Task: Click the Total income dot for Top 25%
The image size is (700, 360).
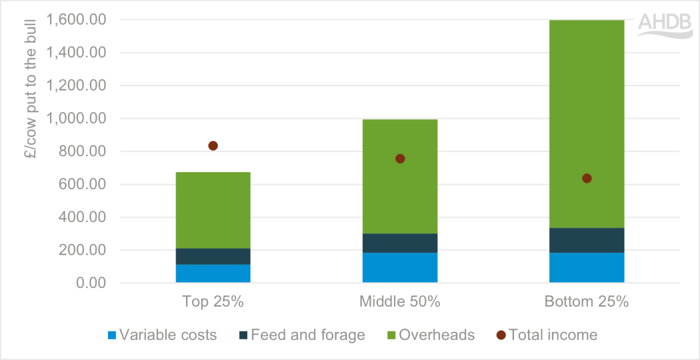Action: point(213,146)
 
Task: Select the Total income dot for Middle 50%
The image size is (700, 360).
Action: point(400,159)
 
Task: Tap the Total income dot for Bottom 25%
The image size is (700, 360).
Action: point(587,179)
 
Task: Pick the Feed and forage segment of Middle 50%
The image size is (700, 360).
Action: point(400,243)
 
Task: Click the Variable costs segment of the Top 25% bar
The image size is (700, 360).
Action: point(213,274)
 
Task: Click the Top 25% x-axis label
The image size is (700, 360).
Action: point(213,301)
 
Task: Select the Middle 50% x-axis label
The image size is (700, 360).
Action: point(400,301)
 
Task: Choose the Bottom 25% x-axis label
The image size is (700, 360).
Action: point(587,301)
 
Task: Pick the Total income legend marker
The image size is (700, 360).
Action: point(501,335)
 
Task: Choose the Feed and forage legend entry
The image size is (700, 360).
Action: point(303,335)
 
